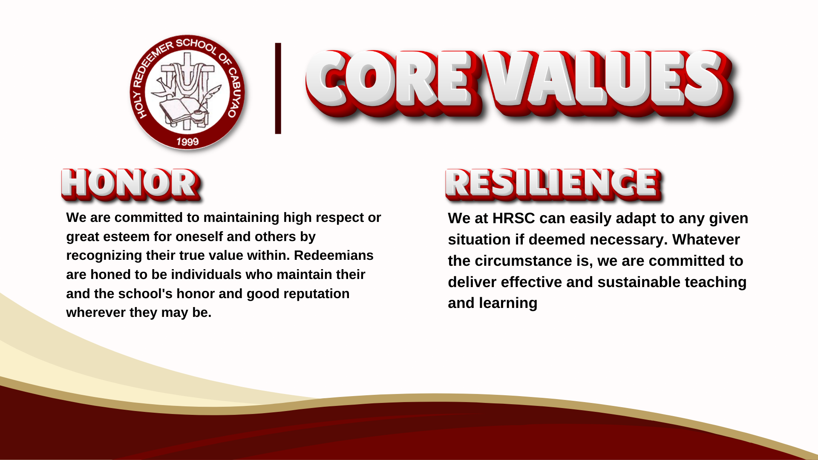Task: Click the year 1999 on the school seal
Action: pyautogui.click(x=187, y=141)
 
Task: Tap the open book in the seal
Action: pyautogui.click(x=177, y=109)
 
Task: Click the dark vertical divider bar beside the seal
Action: pyautogui.click(x=278, y=88)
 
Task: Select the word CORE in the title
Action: pyautogui.click(x=390, y=80)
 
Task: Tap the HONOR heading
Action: pyautogui.click(x=130, y=184)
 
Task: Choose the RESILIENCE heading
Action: pyautogui.click(x=553, y=184)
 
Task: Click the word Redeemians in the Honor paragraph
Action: pyautogui.click(x=334, y=255)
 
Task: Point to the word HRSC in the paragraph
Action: pyautogui.click(x=513, y=218)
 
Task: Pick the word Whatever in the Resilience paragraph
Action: pyautogui.click(x=706, y=239)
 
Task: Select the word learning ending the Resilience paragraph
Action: pyautogui.click(x=508, y=303)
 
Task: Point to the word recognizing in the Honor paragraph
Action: pyautogui.click(x=104, y=256)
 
